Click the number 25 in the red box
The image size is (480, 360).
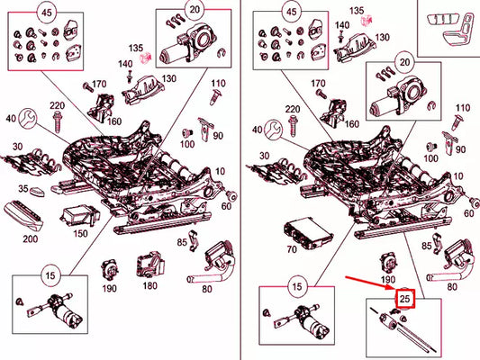pyautogui.click(x=405, y=298)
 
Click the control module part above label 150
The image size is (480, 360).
pyautogui.click(x=77, y=216)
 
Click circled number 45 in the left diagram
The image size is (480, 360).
pyautogui.click(x=44, y=13)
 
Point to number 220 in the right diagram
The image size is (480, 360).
pyautogui.click(x=294, y=109)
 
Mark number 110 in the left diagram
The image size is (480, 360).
pyautogui.click(x=217, y=95)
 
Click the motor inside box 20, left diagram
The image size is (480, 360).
pyautogui.click(x=186, y=44)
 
